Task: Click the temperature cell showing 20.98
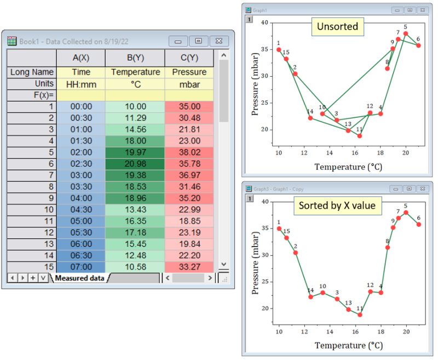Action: coord(135,164)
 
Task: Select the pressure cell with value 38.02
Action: coord(189,152)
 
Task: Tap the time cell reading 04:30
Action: coord(81,210)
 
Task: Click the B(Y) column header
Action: coord(135,58)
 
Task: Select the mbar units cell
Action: coord(189,83)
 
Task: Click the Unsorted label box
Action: coord(337,26)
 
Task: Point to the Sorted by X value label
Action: coord(337,205)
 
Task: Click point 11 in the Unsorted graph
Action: coord(360,135)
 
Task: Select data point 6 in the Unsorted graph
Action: coord(418,45)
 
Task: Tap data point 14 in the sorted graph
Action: coord(310,297)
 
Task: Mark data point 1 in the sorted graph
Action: coord(279,228)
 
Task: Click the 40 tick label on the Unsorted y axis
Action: coord(264,22)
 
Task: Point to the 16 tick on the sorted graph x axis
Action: coord(355,331)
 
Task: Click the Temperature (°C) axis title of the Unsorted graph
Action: coord(348,166)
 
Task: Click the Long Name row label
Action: coord(32,72)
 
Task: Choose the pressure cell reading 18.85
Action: coord(189,221)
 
